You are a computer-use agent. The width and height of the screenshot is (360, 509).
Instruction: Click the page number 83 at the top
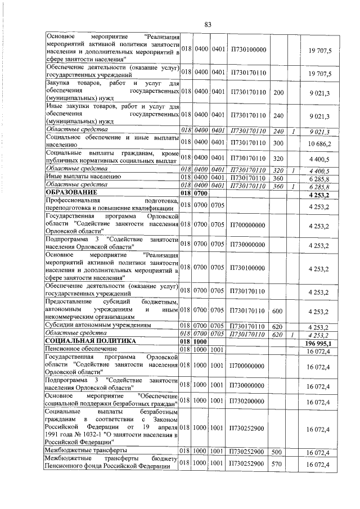[x=208, y=24]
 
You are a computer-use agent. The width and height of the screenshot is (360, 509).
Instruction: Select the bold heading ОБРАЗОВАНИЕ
[x=71, y=193]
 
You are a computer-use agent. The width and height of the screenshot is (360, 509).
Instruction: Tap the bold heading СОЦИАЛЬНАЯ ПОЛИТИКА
[x=89, y=341]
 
